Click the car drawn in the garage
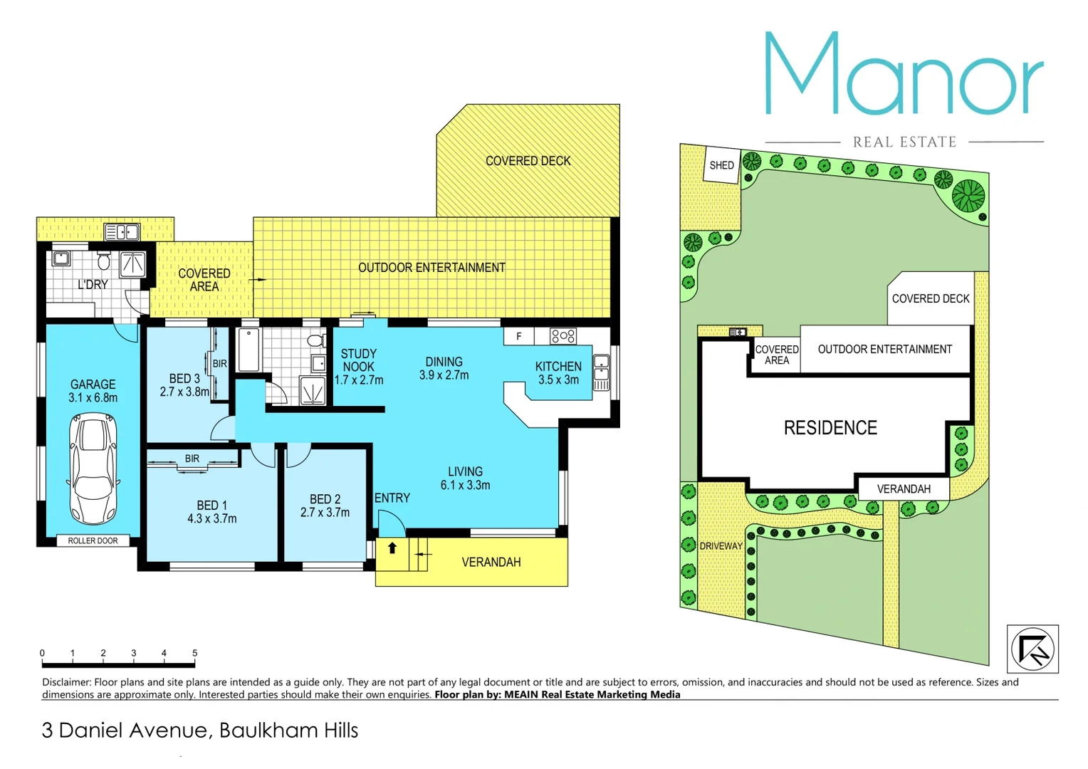tap(93, 469)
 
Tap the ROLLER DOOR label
tap(93, 540)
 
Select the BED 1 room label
tap(211, 506)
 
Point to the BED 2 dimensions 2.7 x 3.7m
tap(325, 513)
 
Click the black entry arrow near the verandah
tap(392, 548)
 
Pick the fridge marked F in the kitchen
tap(519, 336)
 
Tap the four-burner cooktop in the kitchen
tap(563, 335)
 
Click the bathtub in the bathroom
tap(249, 349)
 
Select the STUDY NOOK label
tap(358, 360)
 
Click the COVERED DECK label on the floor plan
tap(528, 161)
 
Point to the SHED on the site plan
tap(721, 165)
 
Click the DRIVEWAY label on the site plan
tap(721, 546)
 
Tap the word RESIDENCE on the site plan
tap(830, 428)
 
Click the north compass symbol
tap(1032, 649)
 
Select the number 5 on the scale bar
tap(194, 653)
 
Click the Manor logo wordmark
tap(904, 75)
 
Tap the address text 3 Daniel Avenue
tap(125, 731)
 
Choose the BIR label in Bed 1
tap(192, 459)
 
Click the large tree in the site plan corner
tap(968, 195)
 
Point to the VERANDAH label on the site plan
tap(904, 489)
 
